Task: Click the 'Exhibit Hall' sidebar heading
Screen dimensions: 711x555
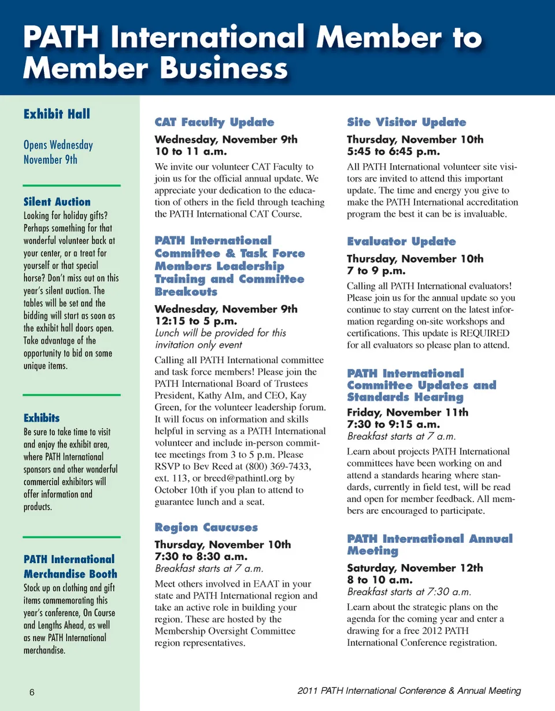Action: coord(57,114)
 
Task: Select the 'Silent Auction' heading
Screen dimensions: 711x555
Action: coord(57,202)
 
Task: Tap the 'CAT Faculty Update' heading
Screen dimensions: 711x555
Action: coord(214,122)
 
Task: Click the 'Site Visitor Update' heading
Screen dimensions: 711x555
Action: coord(406,122)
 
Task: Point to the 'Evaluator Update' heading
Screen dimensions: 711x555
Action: coord(401,241)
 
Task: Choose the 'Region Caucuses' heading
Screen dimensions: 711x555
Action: coord(206,527)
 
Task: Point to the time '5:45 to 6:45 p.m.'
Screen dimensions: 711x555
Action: coord(393,152)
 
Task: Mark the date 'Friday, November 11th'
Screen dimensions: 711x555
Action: coord(408,412)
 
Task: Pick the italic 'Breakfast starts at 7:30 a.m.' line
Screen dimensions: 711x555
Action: coord(409,592)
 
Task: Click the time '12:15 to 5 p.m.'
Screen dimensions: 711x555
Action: coord(197,321)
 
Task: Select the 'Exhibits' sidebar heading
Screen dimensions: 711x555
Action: coord(41,418)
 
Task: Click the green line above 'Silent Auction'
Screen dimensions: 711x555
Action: coord(72,185)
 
